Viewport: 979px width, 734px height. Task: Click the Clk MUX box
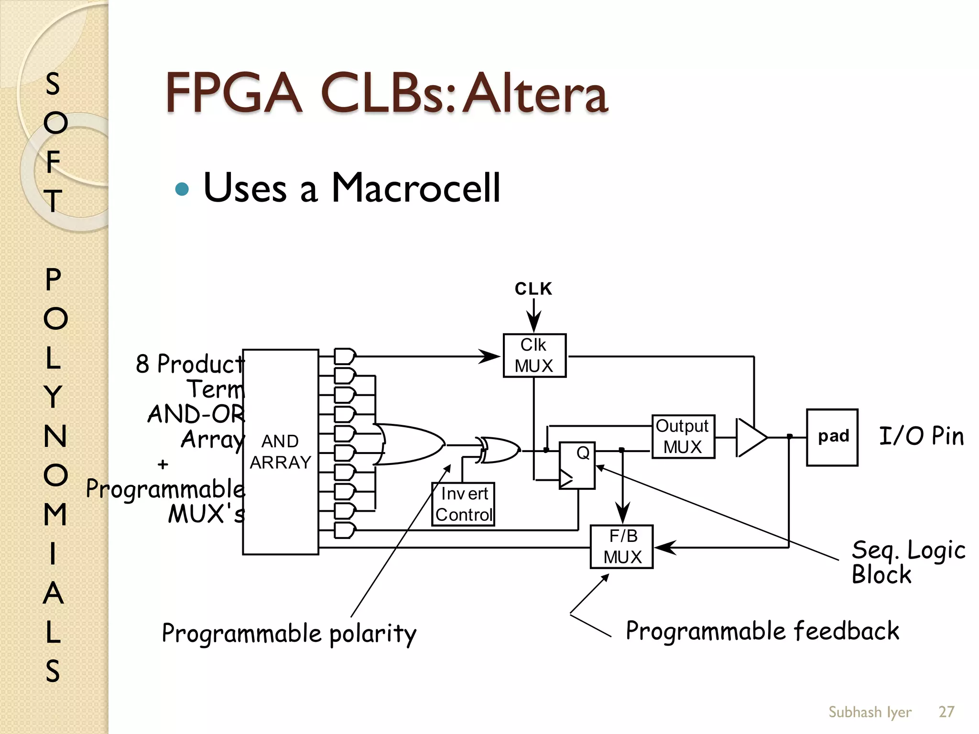point(534,356)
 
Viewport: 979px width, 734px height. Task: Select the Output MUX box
point(683,437)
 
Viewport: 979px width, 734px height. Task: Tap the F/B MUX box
point(621,547)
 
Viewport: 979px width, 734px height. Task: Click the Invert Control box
point(463,504)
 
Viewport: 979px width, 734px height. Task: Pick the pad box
point(832,437)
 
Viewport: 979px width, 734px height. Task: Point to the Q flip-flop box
point(577,465)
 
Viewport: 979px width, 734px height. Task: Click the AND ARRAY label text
point(281,452)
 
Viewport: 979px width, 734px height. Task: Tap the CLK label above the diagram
point(533,289)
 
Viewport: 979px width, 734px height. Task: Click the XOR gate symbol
point(500,450)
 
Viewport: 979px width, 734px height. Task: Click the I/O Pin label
point(921,436)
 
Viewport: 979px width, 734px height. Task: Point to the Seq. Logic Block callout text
point(907,562)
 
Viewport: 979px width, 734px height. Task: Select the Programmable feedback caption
point(762,631)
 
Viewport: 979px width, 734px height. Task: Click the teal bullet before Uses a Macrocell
point(182,189)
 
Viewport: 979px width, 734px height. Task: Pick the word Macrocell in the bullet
point(415,188)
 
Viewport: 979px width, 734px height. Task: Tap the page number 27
point(946,712)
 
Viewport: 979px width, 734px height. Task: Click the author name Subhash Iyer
point(870,712)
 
